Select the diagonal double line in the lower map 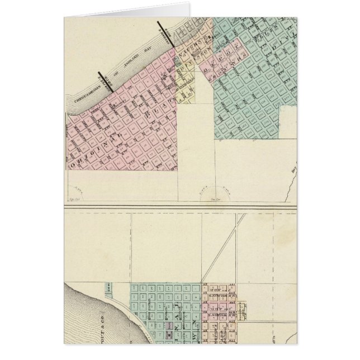click(x=224, y=247)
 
